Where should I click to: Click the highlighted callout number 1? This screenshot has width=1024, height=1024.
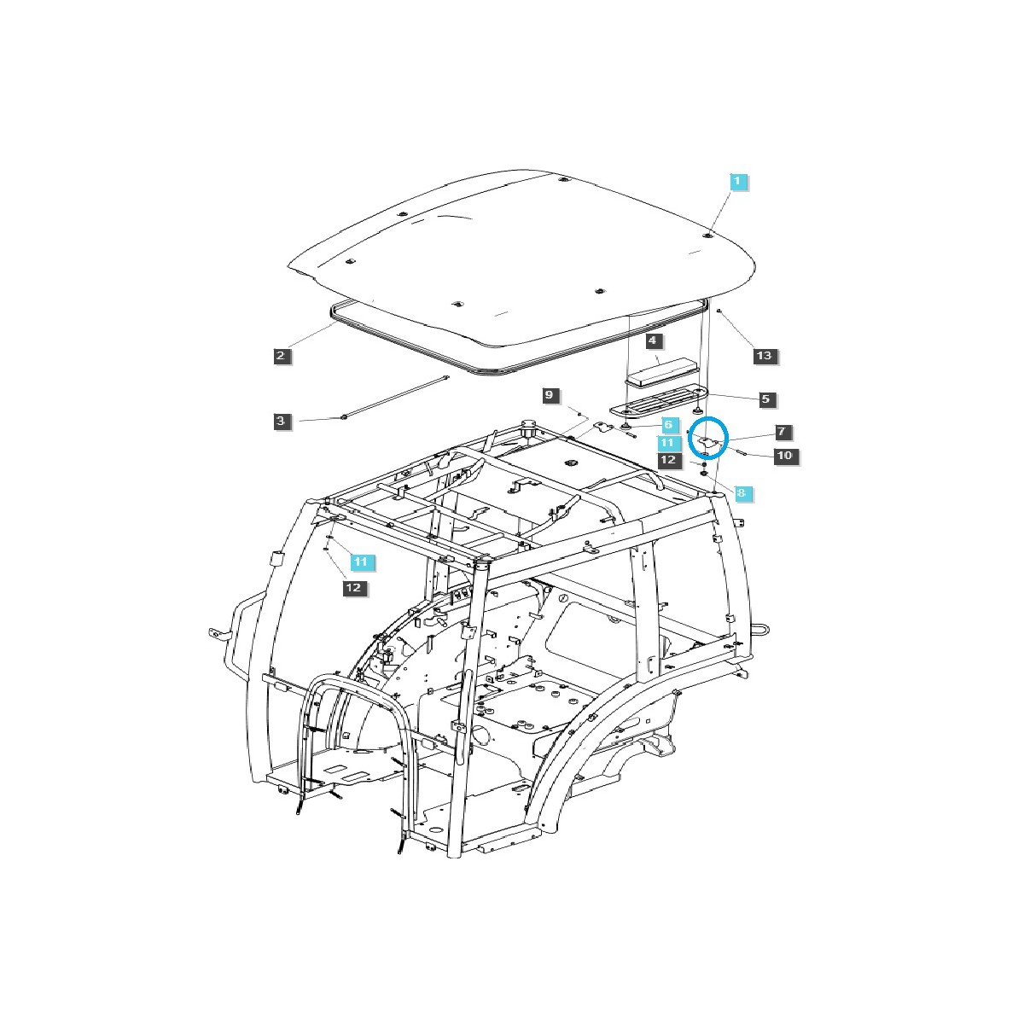(738, 182)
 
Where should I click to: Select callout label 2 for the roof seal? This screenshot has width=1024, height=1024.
(282, 356)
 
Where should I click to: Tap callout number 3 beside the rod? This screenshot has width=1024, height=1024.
(282, 421)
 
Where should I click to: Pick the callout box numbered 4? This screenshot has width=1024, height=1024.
(653, 341)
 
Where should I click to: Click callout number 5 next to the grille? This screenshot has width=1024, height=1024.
(765, 399)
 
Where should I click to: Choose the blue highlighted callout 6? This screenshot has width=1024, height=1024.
(668, 424)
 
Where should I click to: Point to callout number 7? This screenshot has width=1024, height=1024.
(782, 432)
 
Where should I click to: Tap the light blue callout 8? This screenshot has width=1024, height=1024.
(742, 492)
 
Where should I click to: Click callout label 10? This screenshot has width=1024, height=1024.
(784, 456)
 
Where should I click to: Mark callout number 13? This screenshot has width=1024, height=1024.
(765, 356)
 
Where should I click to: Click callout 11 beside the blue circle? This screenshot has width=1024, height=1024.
(668, 443)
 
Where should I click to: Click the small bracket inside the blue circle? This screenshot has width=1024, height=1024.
(707, 442)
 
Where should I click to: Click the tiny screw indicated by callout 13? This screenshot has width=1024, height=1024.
(720, 313)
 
